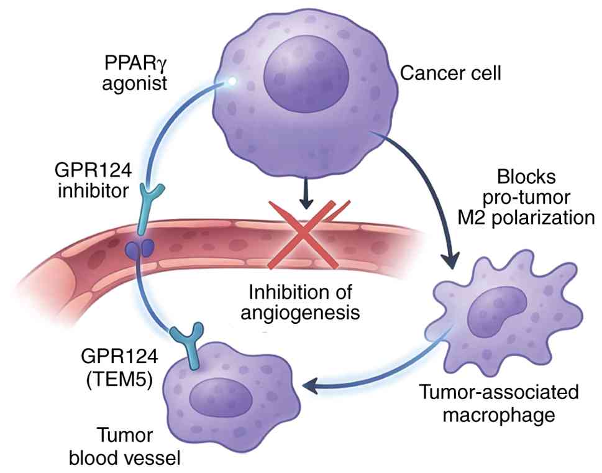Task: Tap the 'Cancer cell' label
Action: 450,74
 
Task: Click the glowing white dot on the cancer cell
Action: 232,81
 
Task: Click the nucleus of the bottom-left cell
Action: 221,398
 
